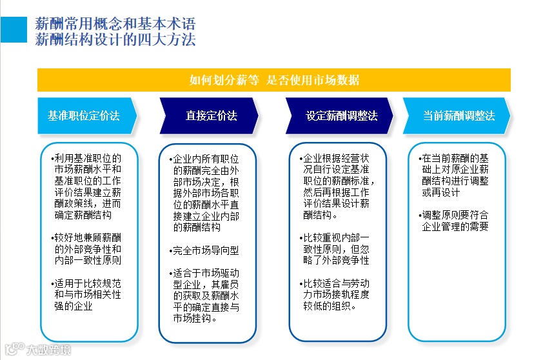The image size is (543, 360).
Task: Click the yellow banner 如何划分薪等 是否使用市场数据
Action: (x=274, y=81)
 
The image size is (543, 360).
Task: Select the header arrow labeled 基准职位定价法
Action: (x=84, y=116)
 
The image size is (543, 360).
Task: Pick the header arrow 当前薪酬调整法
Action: (x=459, y=116)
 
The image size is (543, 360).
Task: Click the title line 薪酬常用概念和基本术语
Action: (x=116, y=25)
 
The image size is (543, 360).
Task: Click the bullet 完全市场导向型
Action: (x=206, y=250)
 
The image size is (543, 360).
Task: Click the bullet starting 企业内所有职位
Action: (x=207, y=192)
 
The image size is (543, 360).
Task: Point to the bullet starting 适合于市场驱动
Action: (x=207, y=295)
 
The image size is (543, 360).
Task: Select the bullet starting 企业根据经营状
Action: (x=337, y=186)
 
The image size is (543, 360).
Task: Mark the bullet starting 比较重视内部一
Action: (x=337, y=249)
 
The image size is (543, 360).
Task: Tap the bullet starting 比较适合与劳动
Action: (x=337, y=294)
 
